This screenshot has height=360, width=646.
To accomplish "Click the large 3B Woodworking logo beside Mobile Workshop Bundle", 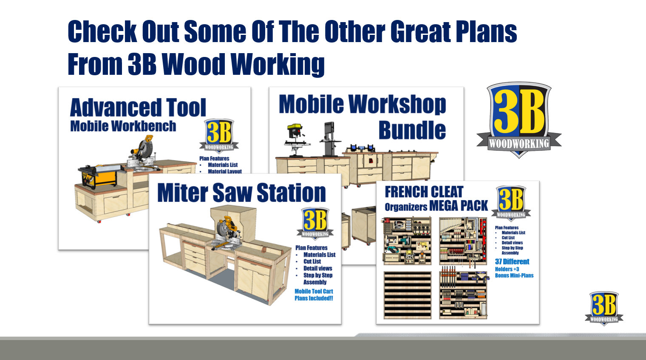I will (x=518, y=119).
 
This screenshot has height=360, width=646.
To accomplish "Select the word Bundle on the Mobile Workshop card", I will (x=412, y=130).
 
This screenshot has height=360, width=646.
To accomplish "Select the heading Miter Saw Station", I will (x=241, y=193).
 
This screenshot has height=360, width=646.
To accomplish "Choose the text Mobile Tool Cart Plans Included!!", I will (x=314, y=295).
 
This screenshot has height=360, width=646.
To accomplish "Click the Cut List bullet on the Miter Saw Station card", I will (x=312, y=261).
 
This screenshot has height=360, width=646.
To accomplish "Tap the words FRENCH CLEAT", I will (x=424, y=192).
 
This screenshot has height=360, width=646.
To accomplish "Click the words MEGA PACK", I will (x=459, y=206).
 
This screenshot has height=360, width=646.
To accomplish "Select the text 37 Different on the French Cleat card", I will (x=512, y=261).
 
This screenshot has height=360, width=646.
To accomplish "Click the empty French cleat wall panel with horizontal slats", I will (x=407, y=295).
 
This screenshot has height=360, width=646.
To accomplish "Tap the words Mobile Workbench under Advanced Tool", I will (x=123, y=126).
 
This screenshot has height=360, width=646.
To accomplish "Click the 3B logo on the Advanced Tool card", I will (x=219, y=135).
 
